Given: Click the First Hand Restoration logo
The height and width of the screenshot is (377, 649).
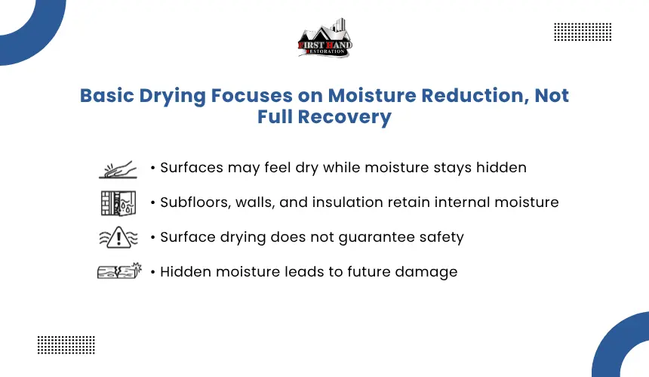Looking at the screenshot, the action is [325, 38].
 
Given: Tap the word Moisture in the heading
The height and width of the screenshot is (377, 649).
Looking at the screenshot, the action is [372, 95].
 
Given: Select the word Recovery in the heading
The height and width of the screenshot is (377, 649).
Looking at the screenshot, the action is [344, 117].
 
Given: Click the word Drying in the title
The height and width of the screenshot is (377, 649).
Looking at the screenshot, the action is [172, 96].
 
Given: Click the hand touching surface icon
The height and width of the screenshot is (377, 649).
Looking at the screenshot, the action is [118, 169].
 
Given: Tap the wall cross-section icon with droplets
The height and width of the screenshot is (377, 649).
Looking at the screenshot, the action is [118, 203].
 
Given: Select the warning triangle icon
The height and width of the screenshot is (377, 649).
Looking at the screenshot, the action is [118, 237].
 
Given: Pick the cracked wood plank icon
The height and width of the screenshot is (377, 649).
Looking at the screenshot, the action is [119, 271].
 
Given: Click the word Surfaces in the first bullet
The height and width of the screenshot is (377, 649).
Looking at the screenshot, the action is [192, 168].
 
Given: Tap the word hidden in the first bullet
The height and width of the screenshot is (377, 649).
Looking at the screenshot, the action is [501, 168].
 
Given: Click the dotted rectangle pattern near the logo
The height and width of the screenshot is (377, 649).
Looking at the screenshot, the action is [583, 32].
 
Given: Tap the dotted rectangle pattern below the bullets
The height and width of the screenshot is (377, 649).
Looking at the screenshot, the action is [66, 345].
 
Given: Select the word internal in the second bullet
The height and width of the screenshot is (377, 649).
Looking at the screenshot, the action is [463, 202].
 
